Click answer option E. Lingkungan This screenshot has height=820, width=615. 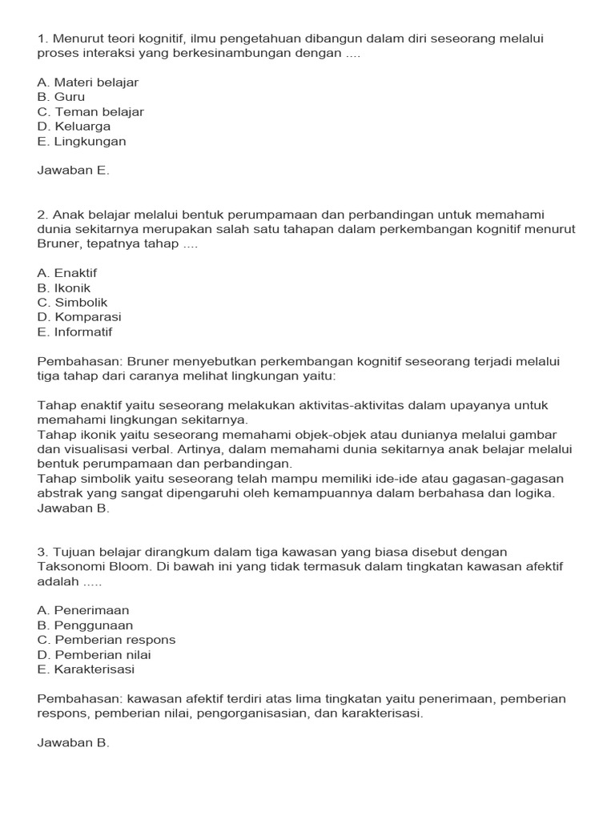82,142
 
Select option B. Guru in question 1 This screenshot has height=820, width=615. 61,97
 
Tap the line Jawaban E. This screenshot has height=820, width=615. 73,170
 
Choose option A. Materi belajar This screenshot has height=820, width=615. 88,82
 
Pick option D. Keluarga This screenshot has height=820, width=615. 74,127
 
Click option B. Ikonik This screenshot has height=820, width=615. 64,287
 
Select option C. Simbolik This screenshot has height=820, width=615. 72,303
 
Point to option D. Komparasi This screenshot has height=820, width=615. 79,317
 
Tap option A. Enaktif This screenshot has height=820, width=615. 66,273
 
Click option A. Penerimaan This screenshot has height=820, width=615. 83,610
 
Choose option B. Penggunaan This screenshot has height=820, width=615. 85,625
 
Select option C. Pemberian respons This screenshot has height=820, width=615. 107,640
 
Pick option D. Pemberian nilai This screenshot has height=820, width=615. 94,654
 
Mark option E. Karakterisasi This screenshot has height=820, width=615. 86,669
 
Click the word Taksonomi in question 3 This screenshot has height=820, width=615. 68,567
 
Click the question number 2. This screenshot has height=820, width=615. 42,215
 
